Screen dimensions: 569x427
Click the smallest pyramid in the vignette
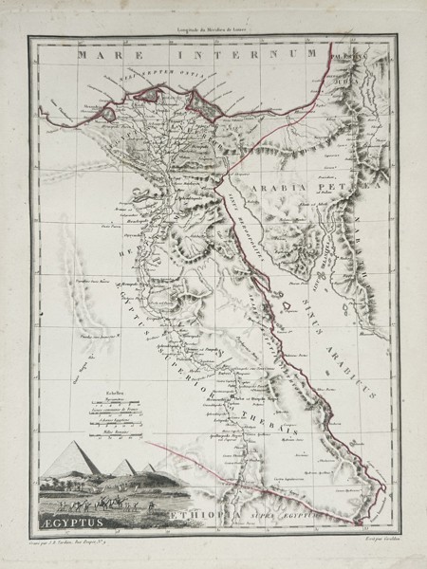(x=149, y=467)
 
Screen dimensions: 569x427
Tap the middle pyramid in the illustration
(x=123, y=466)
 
